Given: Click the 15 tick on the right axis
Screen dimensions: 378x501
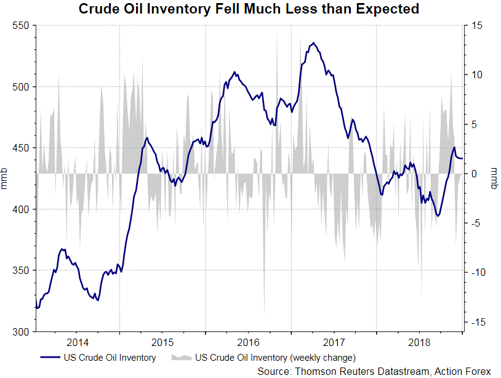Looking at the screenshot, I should [478, 26].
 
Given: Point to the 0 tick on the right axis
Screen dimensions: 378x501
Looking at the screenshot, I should [475, 174].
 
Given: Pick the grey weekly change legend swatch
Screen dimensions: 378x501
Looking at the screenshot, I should [182, 357].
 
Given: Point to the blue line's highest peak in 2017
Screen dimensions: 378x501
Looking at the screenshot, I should [314, 43].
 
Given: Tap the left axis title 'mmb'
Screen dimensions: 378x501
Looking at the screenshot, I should [6, 179].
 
